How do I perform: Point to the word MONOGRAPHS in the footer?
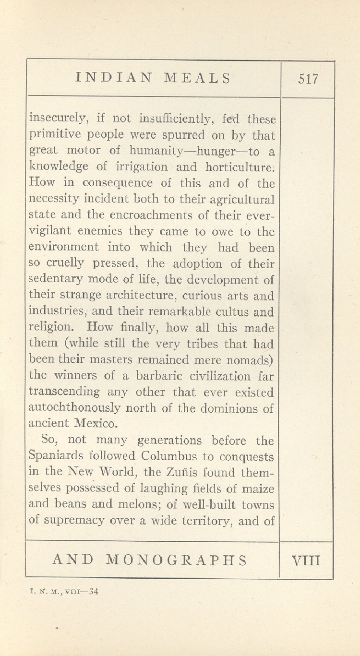pyautogui.click(x=176, y=560)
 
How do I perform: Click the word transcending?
pyautogui.click(x=65, y=392)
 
